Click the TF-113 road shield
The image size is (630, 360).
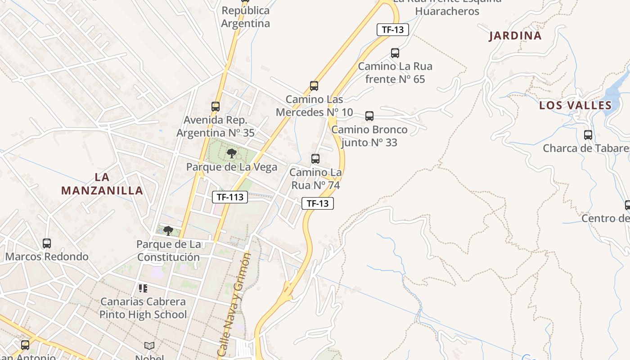click(230, 197)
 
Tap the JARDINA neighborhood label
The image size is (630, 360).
click(515, 36)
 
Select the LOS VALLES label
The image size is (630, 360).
click(576, 106)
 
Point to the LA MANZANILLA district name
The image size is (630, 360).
click(102, 184)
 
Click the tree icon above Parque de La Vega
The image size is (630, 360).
click(231, 153)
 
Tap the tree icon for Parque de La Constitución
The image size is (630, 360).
click(168, 231)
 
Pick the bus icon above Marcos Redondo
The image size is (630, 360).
click(47, 243)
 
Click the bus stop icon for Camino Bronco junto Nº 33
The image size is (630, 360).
click(369, 116)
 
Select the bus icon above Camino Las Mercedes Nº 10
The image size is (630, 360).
click(314, 86)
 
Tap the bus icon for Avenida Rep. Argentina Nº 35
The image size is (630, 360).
click(216, 107)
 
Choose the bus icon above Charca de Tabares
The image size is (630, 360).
click(588, 135)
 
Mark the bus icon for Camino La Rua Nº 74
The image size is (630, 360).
click(315, 159)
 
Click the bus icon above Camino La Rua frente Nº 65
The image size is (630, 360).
click(395, 53)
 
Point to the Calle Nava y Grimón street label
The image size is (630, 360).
click(234, 304)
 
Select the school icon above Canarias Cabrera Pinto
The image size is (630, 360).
click(143, 288)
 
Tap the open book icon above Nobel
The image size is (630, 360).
click(149, 346)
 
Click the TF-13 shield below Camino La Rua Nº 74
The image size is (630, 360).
click(317, 203)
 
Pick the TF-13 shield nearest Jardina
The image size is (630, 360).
click(392, 30)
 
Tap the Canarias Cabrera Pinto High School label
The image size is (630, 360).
click(143, 308)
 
